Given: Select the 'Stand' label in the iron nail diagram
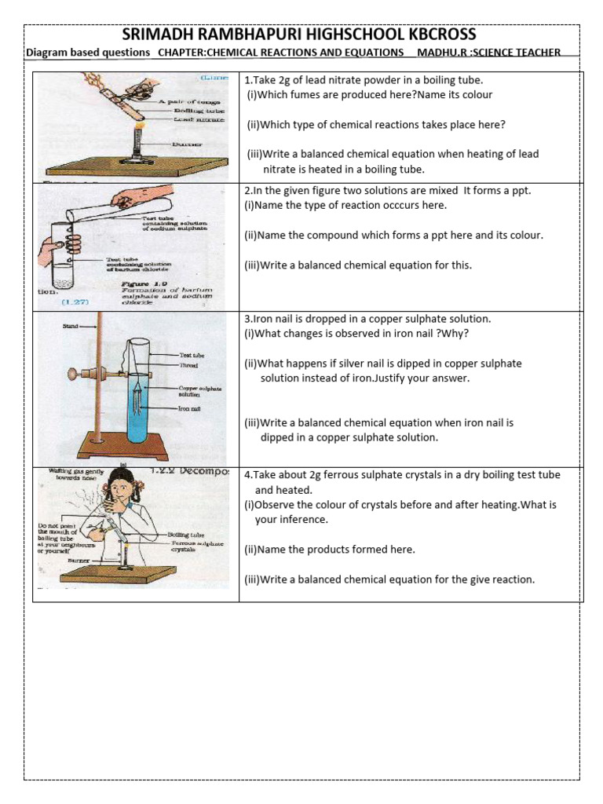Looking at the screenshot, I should click(x=67, y=325).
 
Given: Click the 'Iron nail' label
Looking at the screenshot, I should click(x=191, y=408).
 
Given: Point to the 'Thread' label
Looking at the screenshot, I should click(x=188, y=365).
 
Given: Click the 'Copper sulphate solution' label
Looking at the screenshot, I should click(x=200, y=391).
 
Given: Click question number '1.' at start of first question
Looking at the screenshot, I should click(x=248, y=80).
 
